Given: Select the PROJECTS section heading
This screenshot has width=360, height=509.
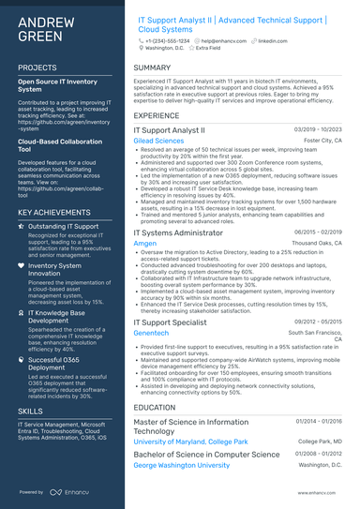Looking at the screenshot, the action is click(37, 68).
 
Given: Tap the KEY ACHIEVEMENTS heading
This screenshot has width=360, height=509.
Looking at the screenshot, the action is click(53, 213).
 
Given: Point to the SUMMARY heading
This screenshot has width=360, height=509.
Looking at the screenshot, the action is click(152, 68).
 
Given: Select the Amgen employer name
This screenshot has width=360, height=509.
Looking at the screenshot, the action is click(145, 242).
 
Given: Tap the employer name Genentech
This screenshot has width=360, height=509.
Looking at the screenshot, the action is click(152, 332).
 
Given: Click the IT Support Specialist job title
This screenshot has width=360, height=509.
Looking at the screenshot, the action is click(169, 321).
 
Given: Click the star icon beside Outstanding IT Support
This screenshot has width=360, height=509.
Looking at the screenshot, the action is click(22, 227).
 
